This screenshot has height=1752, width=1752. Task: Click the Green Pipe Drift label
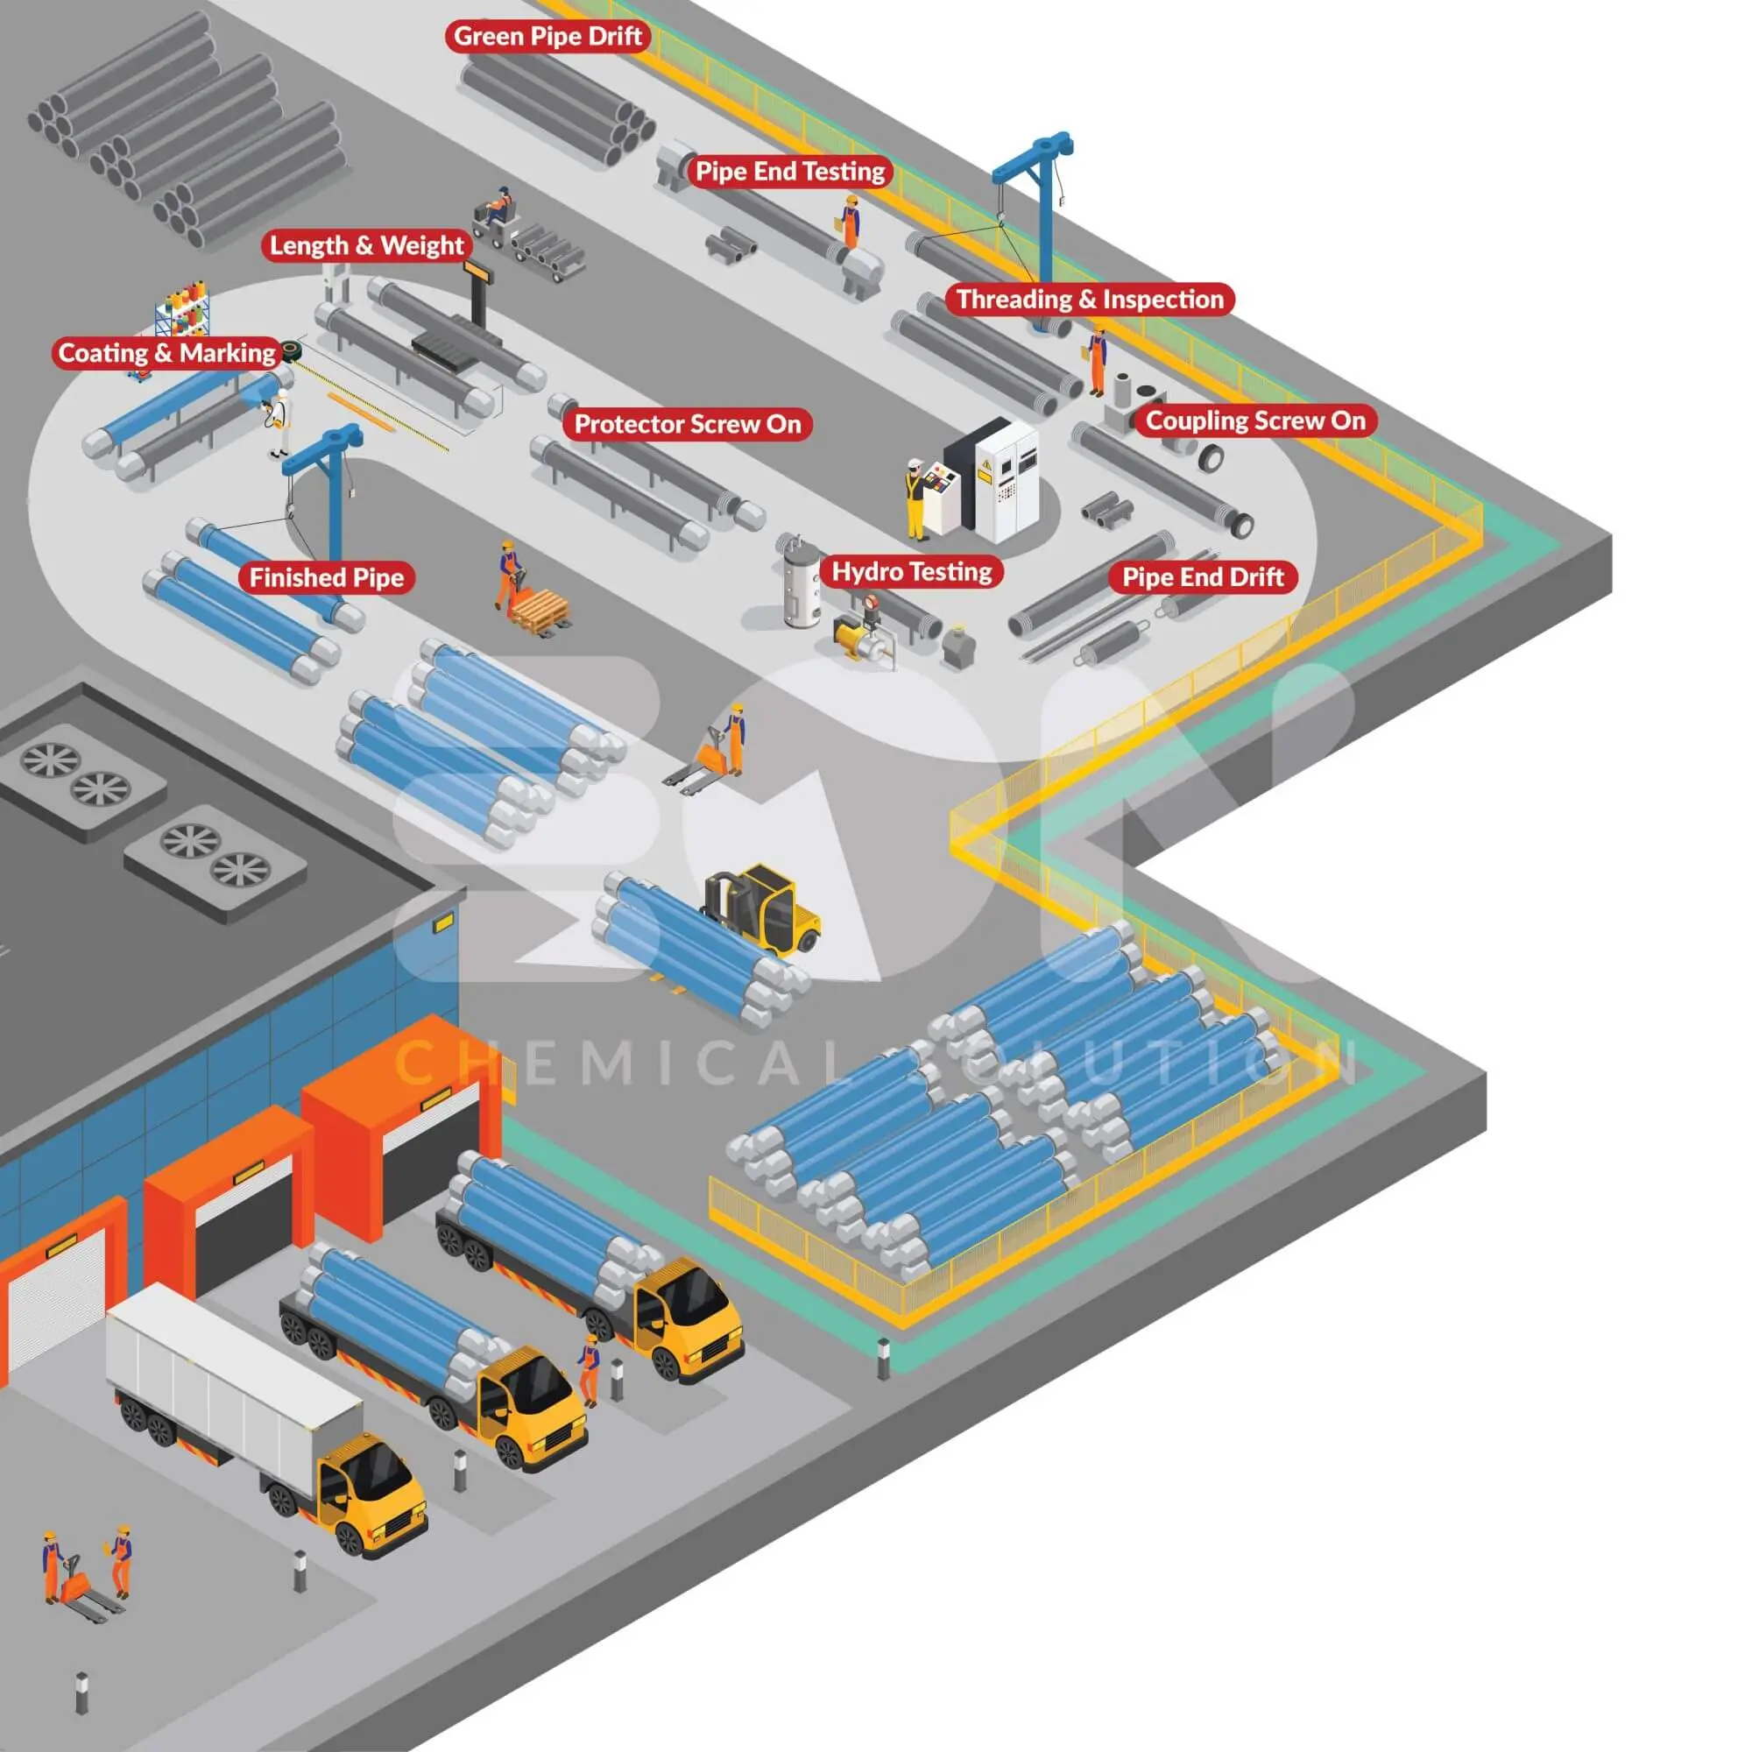[x=547, y=36]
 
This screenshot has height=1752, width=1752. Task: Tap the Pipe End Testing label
[x=790, y=172]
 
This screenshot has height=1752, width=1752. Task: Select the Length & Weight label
[x=366, y=246]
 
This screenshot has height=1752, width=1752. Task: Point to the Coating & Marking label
[x=166, y=353]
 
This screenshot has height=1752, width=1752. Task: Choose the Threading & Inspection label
[x=1089, y=300]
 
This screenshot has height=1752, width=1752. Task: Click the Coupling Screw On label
[x=1255, y=420]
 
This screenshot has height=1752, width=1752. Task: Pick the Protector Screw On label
[x=688, y=424]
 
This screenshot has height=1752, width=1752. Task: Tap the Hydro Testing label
[x=911, y=572]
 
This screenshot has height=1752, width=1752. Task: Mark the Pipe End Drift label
[x=1203, y=577]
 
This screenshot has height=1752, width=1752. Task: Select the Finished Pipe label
[x=327, y=577]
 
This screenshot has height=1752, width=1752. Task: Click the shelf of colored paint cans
[x=182, y=308]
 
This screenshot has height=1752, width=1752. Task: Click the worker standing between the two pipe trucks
[x=589, y=1370]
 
